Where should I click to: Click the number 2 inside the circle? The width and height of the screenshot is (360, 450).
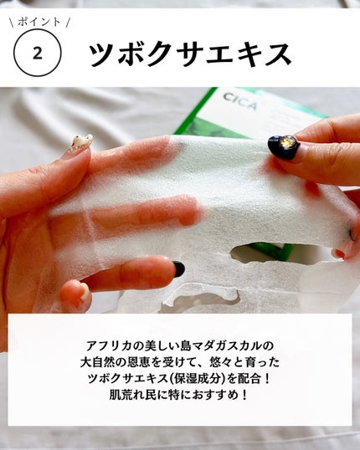tap(38, 54)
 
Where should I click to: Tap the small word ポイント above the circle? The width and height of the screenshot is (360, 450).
tap(39, 22)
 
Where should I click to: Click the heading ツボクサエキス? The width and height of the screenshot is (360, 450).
tap(190, 54)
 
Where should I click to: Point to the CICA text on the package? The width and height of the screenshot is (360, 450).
tap(240, 101)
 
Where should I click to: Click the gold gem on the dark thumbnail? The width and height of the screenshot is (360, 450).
tap(285, 142)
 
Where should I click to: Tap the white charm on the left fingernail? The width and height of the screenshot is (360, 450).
tap(82, 141)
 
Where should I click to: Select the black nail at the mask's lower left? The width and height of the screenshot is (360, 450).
tap(178, 269)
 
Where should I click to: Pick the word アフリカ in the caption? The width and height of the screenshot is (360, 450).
tap(106, 345)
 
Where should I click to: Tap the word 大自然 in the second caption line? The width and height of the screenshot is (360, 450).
tap(96, 362)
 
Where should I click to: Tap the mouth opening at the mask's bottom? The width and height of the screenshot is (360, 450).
tap(201, 300)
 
